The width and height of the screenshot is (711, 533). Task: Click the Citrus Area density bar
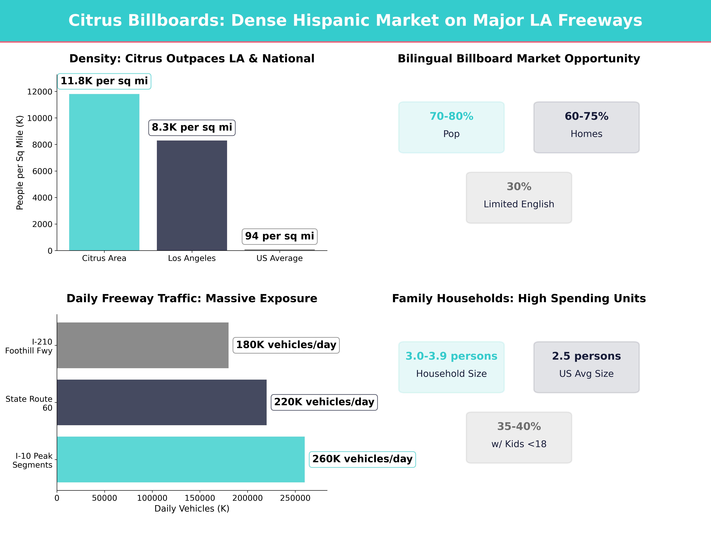[x=104, y=172]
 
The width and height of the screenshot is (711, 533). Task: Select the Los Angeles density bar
[x=192, y=195]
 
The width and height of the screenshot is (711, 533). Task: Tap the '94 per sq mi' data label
[x=279, y=236]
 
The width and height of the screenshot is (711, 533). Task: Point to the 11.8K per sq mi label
[x=104, y=81]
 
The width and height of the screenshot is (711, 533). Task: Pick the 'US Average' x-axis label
[x=279, y=258]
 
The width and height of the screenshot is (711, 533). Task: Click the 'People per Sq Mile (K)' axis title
[x=20, y=163]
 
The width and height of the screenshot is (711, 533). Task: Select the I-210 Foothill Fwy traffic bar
[x=143, y=345]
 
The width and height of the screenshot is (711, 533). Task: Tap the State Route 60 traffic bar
[x=162, y=402]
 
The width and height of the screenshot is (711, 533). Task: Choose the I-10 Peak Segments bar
[x=181, y=459]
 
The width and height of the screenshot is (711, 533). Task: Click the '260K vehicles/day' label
[x=362, y=459]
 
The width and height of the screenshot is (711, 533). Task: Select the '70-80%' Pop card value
[x=451, y=116]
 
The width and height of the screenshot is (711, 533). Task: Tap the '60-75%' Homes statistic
[x=586, y=116]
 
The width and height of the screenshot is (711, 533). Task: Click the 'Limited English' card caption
[x=519, y=204]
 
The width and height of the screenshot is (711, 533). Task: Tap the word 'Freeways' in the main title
[x=600, y=21]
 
